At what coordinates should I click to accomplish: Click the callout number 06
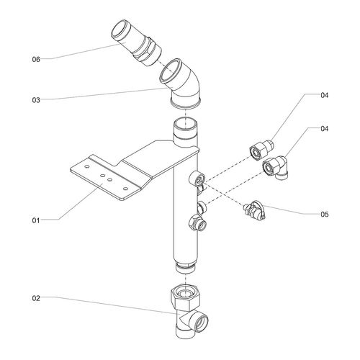[x=36, y=59]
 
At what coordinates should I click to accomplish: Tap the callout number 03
[x=36, y=100]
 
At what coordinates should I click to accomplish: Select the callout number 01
[x=36, y=220]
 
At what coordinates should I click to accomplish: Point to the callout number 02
[x=36, y=298]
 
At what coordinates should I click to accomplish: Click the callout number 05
[x=325, y=214]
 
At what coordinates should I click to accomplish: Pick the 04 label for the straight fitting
[x=325, y=95]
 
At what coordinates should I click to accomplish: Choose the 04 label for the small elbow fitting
[x=325, y=129]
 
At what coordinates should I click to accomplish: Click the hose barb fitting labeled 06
[x=136, y=43]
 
